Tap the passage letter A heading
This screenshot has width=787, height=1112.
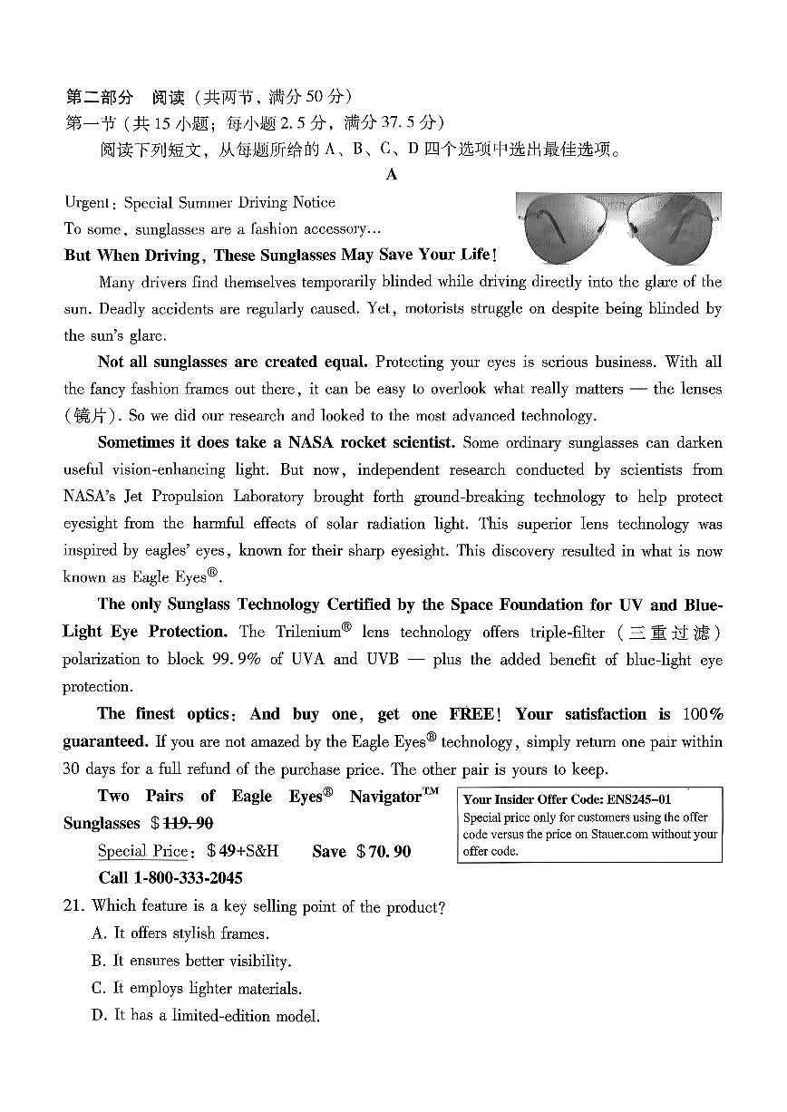point(392,175)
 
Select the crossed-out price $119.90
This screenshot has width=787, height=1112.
point(187,823)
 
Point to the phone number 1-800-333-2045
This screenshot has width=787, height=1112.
point(188,877)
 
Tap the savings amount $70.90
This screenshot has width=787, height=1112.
point(384,851)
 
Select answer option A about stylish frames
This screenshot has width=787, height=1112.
point(180,933)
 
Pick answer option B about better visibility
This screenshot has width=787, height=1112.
point(190,961)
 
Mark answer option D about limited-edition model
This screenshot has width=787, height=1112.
point(205,1016)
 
